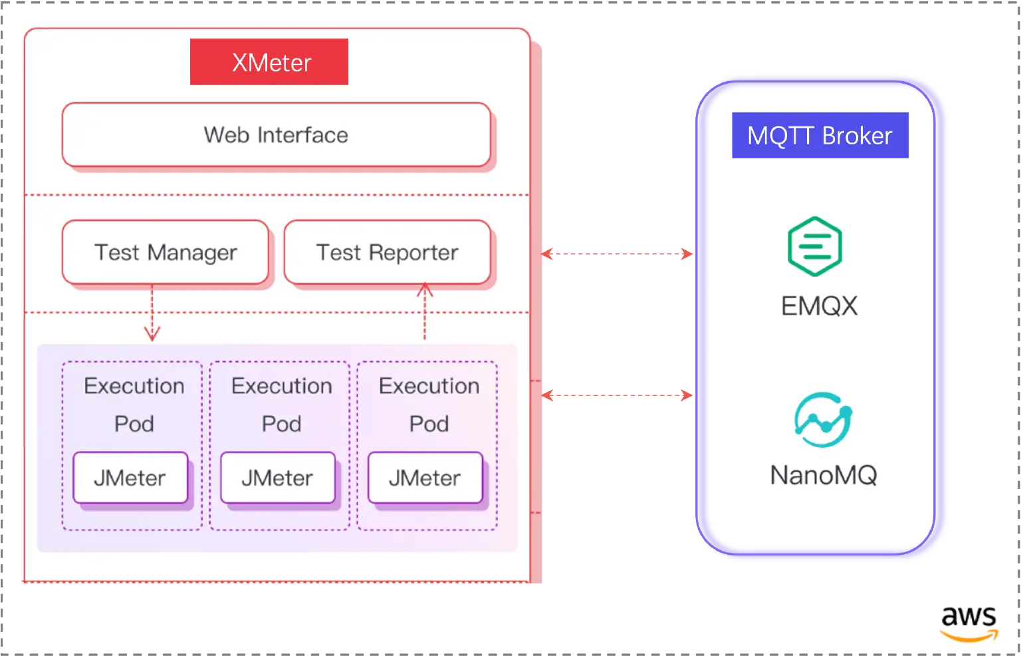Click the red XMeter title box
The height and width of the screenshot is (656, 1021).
(269, 62)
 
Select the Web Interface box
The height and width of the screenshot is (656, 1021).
(276, 135)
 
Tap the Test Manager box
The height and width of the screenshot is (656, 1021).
(166, 253)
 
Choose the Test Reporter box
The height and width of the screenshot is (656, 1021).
(387, 253)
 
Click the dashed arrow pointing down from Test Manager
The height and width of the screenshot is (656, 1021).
(152, 313)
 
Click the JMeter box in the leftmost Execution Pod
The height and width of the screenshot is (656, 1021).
(130, 478)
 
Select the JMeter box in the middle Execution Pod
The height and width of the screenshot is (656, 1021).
(278, 478)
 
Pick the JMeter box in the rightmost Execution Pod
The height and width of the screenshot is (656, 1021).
(425, 478)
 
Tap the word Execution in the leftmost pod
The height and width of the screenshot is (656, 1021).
(134, 386)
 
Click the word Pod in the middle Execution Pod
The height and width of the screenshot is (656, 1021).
(281, 424)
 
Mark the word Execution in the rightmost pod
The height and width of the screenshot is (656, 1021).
(429, 386)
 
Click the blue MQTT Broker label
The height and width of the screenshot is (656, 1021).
(819, 136)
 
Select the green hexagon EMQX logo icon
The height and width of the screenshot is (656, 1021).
(816, 242)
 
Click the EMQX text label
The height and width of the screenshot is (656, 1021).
(819, 305)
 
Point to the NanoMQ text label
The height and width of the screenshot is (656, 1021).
(823, 475)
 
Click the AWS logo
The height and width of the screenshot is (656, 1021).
(969, 623)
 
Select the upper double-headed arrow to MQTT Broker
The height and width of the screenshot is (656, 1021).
(618, 253)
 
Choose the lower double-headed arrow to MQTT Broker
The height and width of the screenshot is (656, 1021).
(618, 396)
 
